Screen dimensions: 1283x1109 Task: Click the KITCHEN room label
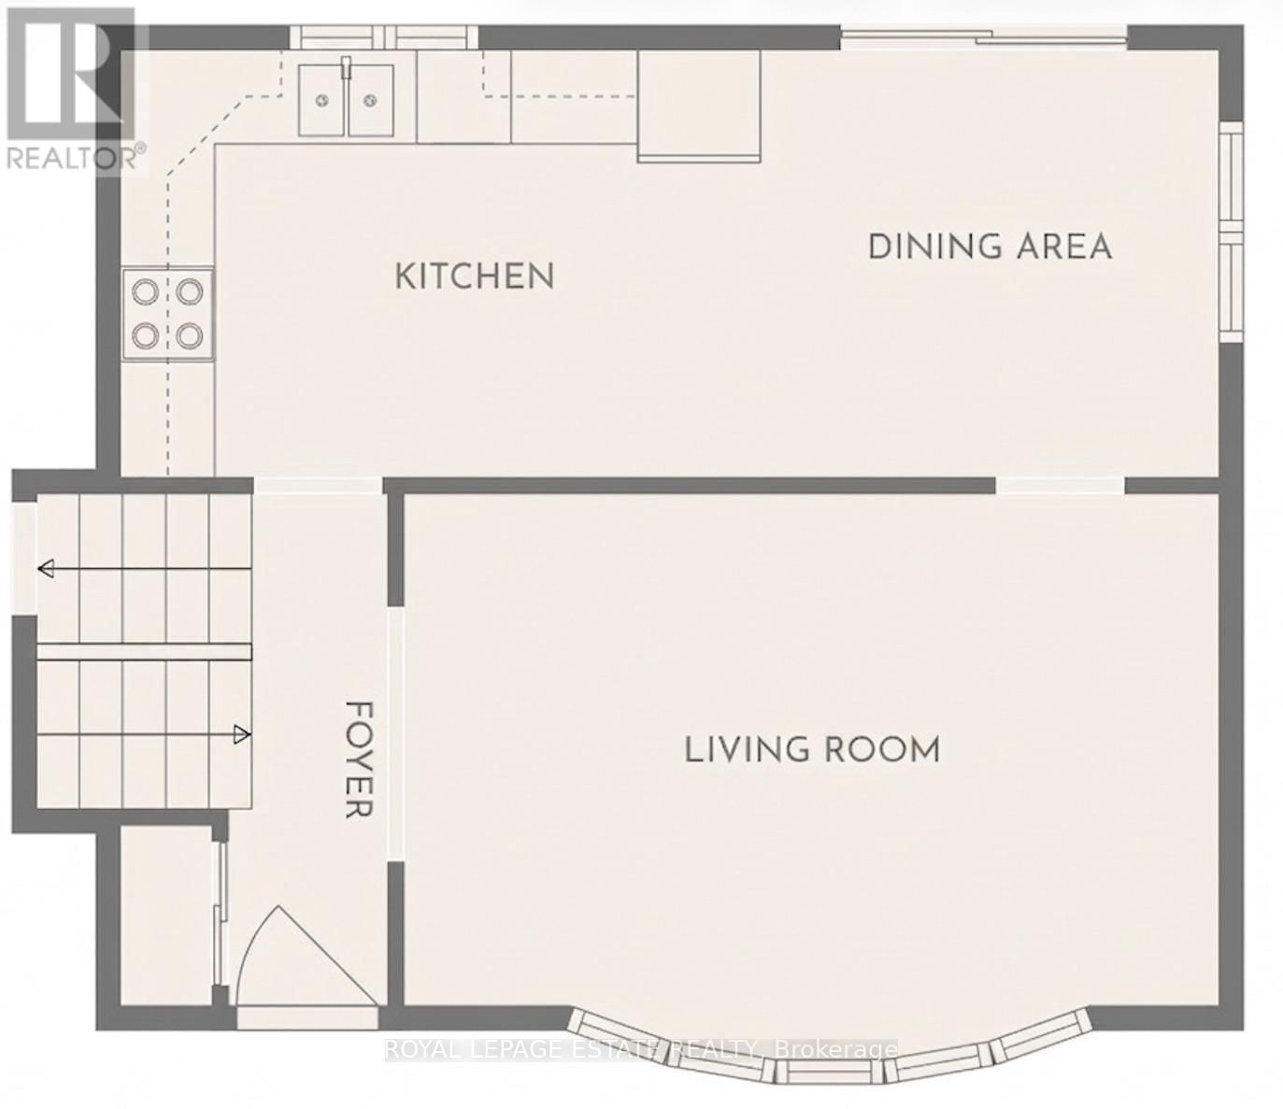(x=475, y=277)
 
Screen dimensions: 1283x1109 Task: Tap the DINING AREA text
(x=991, y=247)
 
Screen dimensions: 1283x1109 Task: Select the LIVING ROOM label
(x=812, y=750)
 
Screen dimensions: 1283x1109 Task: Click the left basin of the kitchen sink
(x=322, y=100)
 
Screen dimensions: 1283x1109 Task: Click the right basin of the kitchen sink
(x=371, y=100)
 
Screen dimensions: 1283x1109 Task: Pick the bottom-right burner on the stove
(x=190, y=334)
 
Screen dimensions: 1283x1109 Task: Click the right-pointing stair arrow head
(x=242, y=734)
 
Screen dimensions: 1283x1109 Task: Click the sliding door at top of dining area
(x=983, y=37)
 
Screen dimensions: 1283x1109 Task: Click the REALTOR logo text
(x=75, y=157)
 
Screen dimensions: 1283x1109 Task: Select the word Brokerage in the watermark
(x=843, y=1049)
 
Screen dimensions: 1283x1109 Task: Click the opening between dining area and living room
(x=1060, y=485)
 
